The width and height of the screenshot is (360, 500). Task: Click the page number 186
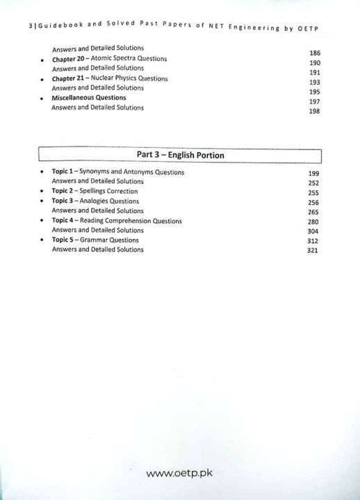(313, 53)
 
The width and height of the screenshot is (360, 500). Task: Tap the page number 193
(313, 83)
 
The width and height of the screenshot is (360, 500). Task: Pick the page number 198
(313, 111)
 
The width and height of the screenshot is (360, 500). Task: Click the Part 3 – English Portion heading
(179, 155)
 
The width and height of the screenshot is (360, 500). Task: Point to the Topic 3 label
(64, 201)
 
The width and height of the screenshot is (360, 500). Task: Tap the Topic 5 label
(64, 240)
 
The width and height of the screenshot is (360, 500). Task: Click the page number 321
(312, 251)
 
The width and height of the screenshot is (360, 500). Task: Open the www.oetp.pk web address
(180, 475)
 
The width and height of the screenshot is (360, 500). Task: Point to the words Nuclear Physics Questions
(132, 78)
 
